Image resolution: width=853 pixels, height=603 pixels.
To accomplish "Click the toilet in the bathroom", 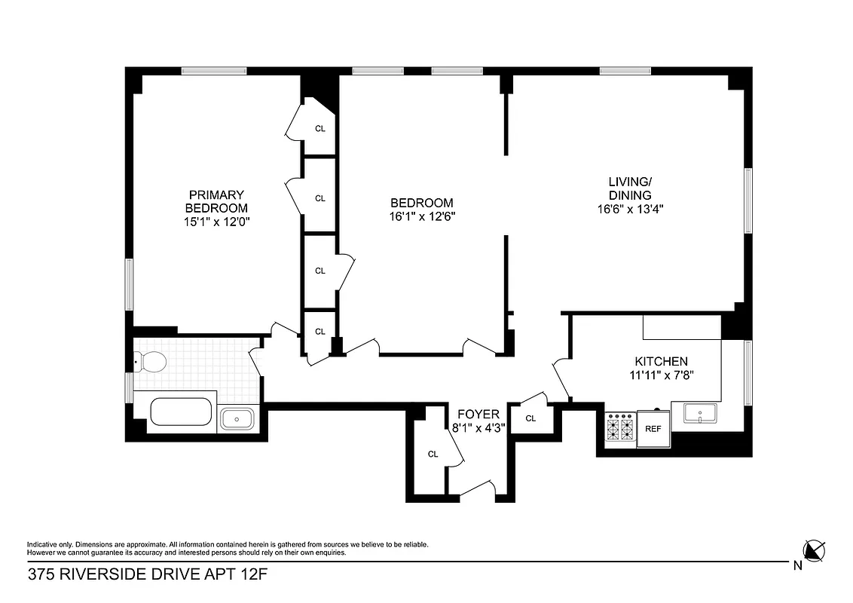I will [x=151, y=363].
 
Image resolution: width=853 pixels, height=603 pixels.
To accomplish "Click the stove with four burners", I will [x=621, y=427].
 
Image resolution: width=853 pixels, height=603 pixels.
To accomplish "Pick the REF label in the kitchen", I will [x=653, y=428].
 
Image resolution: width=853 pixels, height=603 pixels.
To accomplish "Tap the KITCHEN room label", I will [x=661, y=362].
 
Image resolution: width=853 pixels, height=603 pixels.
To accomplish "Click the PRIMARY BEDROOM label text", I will [x=216, y=201].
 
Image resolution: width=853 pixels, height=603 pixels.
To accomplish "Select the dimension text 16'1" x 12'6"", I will [x=422, y=216].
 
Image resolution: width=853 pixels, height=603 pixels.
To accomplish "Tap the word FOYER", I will [x=478, y=414].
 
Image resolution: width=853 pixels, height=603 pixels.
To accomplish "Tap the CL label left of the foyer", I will [x=433, y=454].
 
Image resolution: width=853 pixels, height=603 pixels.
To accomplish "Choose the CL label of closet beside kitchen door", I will [x=530, y=418].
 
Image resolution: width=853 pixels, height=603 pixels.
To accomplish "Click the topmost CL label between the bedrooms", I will [x=320, y=128].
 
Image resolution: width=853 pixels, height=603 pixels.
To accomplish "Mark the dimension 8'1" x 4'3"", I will [x=478, y=427].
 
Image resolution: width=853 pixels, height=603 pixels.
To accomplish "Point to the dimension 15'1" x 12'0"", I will [x=216, y=222].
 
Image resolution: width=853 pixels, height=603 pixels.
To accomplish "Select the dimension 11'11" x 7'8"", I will [x=661, y=375].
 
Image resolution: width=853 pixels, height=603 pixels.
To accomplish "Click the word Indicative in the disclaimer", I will [x=43, y=544].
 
